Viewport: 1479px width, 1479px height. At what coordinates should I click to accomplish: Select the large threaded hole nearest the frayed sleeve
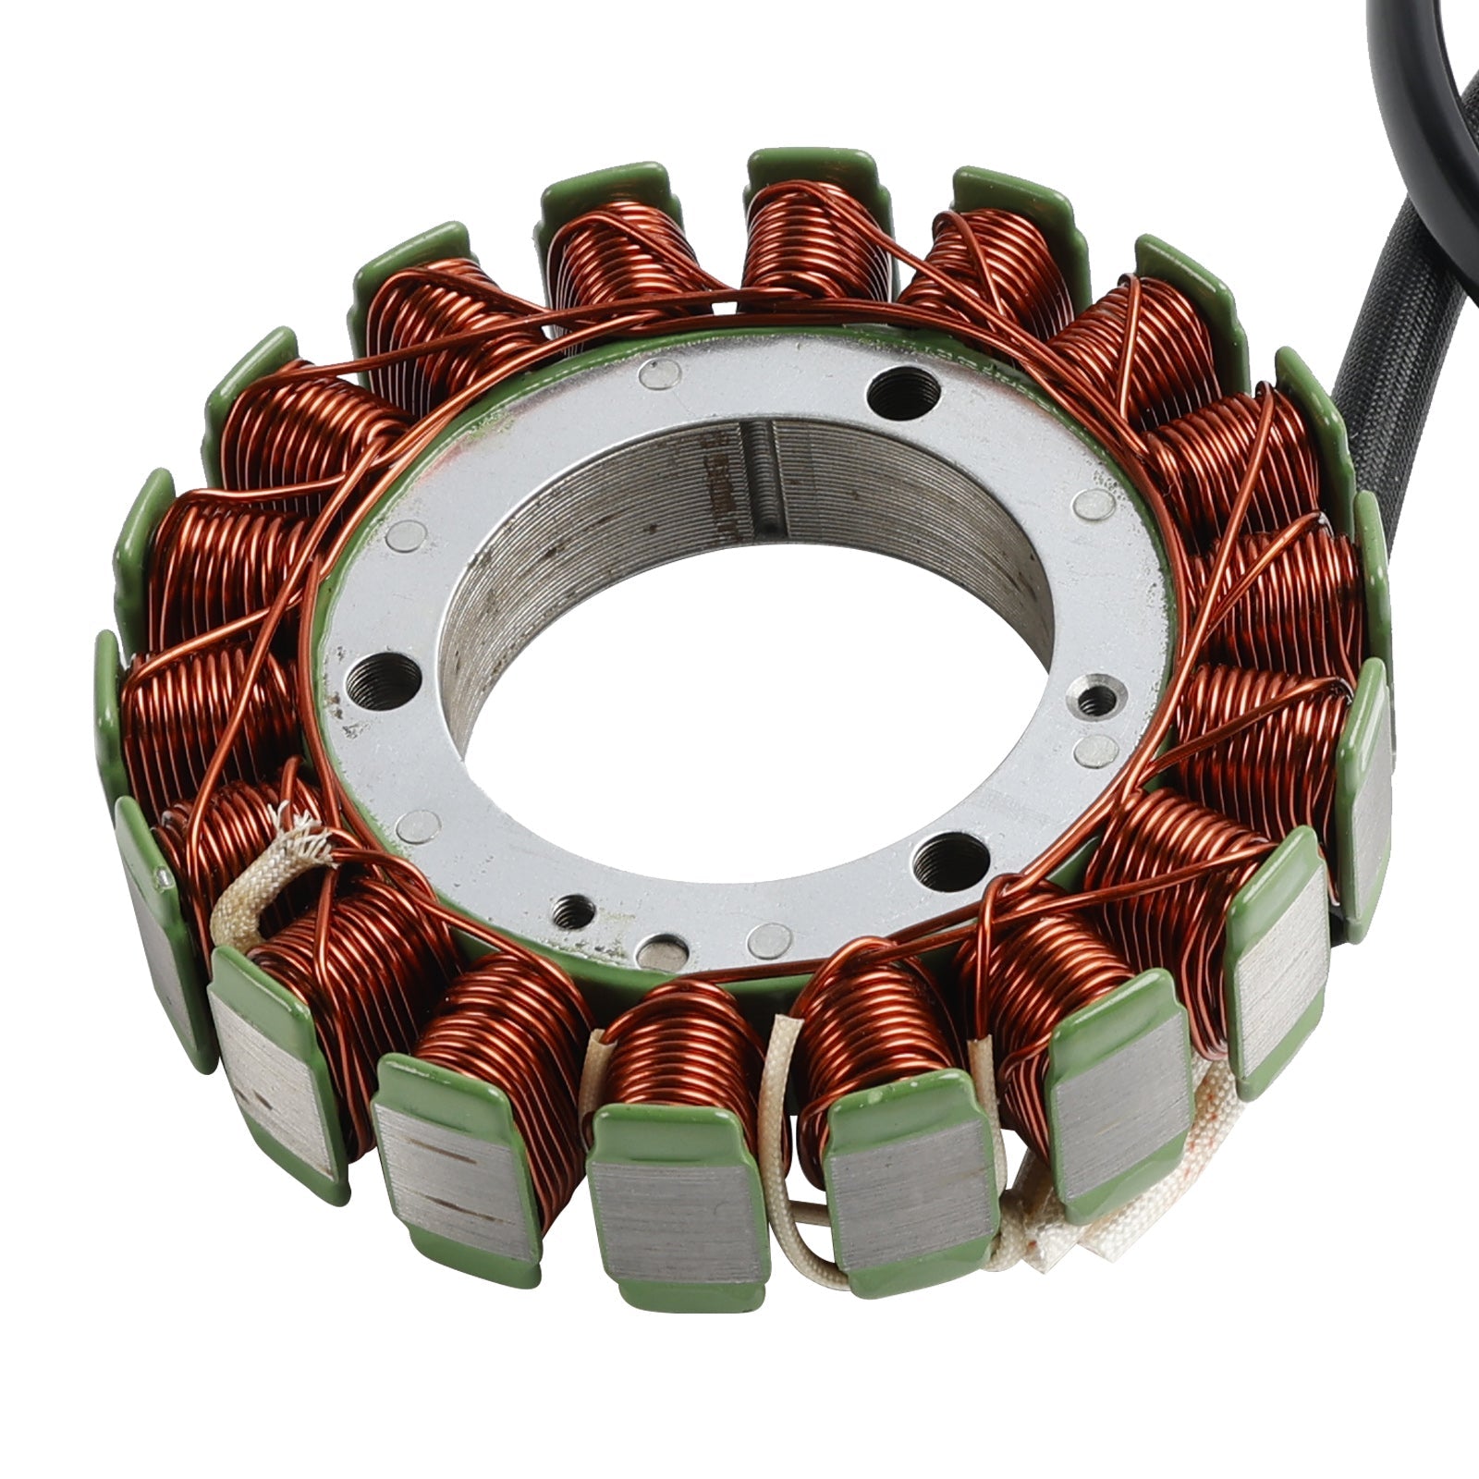(x=383, y=680)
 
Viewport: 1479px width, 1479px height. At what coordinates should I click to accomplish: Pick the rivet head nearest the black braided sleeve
(x=1096, y=504)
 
